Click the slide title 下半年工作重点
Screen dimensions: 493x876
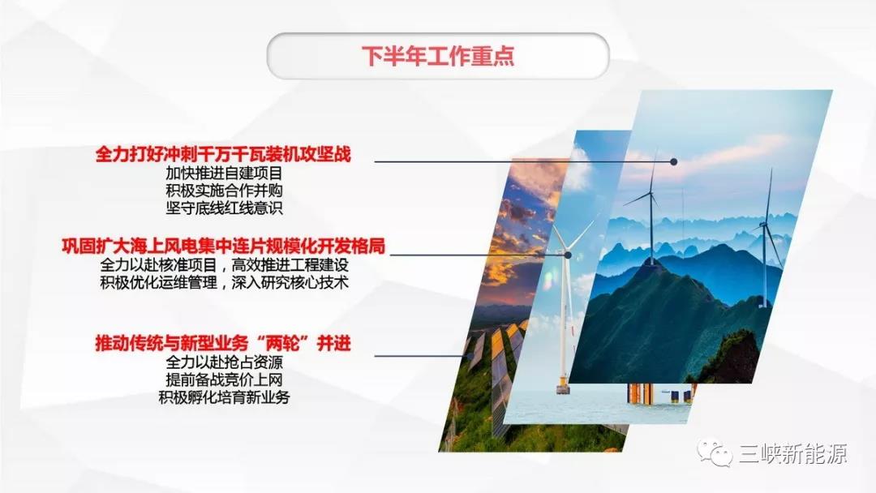tap(437, 57)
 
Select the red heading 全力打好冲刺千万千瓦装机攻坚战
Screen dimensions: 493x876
tap(223, 154)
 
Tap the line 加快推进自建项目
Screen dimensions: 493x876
tap(223, 173)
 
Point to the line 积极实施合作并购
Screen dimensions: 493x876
tap(223, 190)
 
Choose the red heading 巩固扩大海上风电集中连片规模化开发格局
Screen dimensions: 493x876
tap(223, 246)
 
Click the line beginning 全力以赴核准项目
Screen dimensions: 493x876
tap(223, 265)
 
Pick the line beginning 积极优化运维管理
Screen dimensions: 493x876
tap(223, 282)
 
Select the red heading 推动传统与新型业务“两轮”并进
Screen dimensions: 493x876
tap(223, 344)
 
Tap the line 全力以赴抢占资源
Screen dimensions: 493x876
tap(223, 362)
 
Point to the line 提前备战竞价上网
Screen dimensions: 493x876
tap(223, 379)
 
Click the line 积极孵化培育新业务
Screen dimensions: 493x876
tap(223, 397)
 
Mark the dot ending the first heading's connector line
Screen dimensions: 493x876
tap(673, 162)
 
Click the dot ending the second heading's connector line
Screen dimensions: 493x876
tap(568, 255)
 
